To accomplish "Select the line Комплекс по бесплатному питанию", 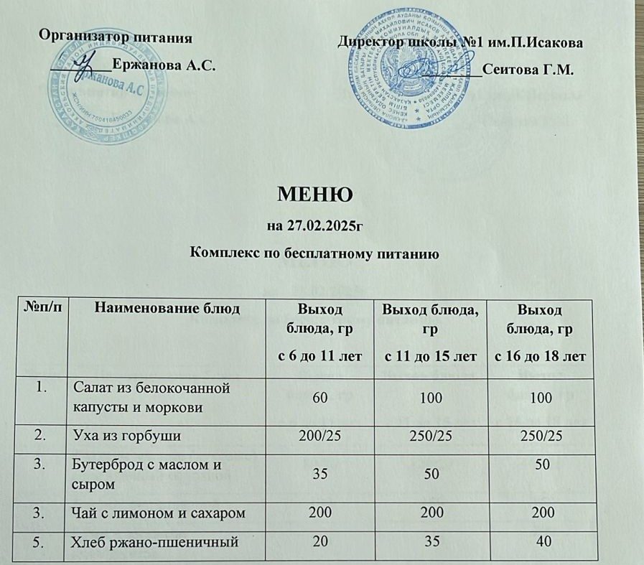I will tap(314, 253).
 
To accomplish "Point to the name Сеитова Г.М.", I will tap(528, 70).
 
